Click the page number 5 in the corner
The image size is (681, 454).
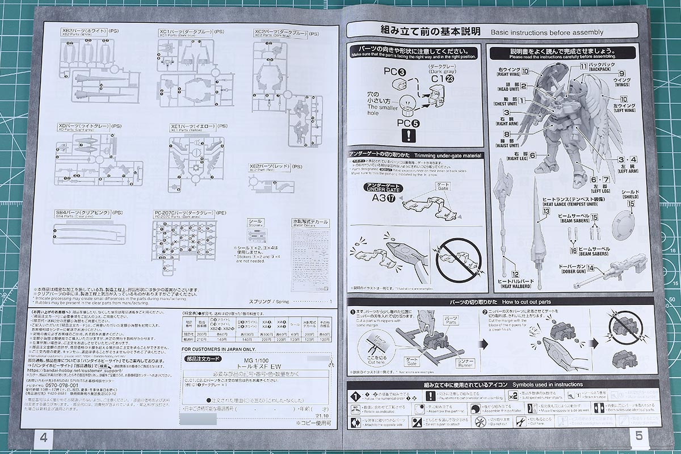638,436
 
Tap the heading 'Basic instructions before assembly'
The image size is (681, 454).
547,32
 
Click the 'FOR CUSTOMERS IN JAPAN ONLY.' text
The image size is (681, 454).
219,349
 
